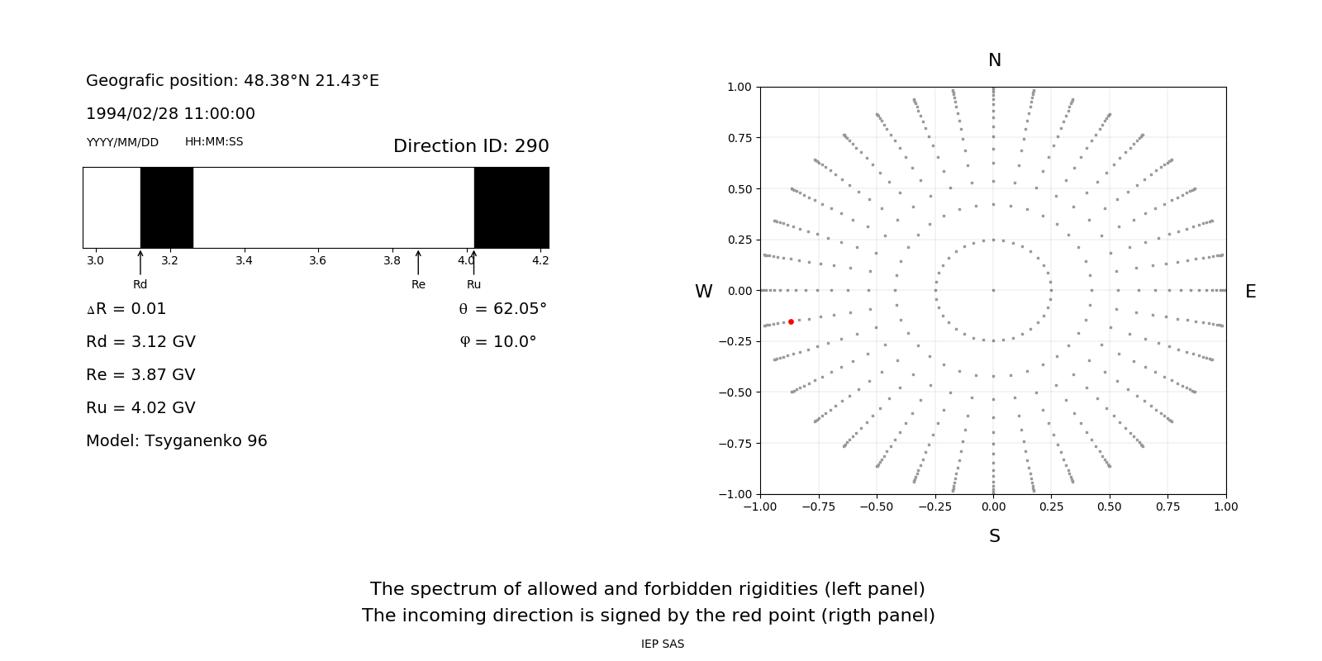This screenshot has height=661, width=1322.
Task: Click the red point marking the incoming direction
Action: (791, 321)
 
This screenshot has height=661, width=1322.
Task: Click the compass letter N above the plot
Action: (995, 60)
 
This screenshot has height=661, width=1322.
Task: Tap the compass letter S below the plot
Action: (995, 536)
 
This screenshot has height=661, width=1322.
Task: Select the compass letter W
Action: (703, 292)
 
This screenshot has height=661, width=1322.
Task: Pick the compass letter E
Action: (1250, 292)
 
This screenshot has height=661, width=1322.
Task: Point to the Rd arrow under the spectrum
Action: (140, 263)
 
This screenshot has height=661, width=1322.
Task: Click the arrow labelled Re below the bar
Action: (418, 263)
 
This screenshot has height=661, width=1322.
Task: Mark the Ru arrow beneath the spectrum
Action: (473, 263)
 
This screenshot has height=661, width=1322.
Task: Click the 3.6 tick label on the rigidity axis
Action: (317, 260)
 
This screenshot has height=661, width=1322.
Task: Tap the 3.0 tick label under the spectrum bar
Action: (95, 260)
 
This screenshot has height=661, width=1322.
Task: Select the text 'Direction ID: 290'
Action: (471, 146)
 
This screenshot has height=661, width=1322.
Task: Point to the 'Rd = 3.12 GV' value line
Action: (140, 342)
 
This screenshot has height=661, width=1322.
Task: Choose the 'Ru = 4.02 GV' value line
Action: (140, 408)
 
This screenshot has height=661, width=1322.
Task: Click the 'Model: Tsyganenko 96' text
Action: (177, 441)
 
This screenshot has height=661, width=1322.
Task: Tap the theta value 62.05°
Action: (519, 309)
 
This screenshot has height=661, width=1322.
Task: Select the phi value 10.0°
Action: (514, 342)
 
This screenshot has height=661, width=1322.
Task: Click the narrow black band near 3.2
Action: (167, 207)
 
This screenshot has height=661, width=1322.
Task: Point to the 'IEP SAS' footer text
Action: (663, 644)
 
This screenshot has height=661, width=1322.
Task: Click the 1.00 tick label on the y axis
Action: (739, 87)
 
